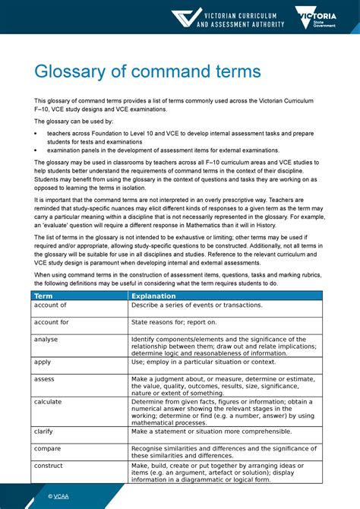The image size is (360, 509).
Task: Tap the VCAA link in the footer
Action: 58,496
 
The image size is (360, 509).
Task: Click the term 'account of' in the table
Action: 50,305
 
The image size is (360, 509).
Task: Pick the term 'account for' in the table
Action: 51,322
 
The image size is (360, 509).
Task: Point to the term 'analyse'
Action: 46,340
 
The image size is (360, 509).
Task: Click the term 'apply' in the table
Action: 43,362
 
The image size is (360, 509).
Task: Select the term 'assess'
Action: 44,379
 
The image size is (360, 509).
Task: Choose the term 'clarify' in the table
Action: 44,431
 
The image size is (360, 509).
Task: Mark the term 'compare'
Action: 47,448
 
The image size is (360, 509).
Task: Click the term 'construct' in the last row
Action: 48,466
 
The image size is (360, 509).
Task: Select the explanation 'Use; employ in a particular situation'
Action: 204,362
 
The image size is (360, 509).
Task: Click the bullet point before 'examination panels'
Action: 36,150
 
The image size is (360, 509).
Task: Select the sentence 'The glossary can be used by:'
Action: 73,121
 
